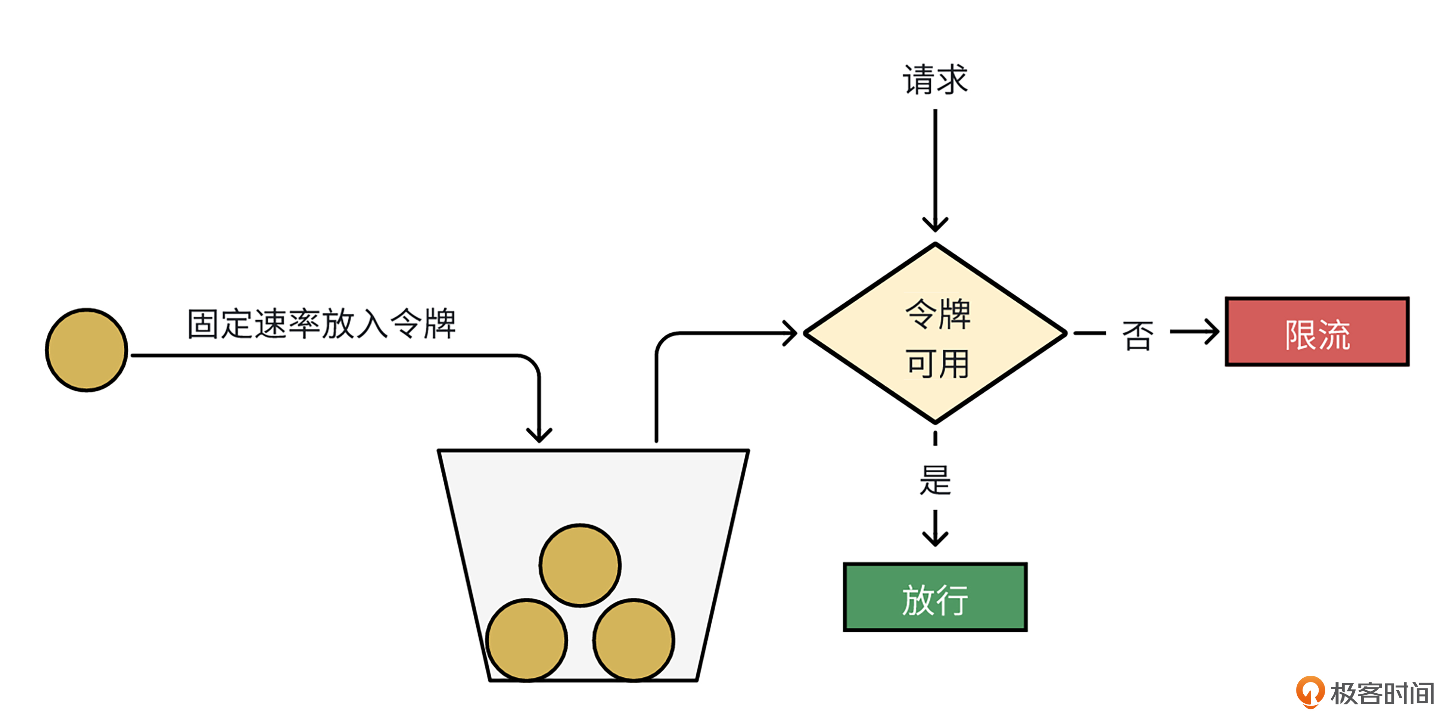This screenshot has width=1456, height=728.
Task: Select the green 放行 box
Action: pyautogui.click(x=935, y=597)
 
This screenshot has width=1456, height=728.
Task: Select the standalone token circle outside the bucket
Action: pyautogui.click(x=87, y=350)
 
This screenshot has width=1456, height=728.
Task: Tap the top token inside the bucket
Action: pyautogui.click(x=580, y=565)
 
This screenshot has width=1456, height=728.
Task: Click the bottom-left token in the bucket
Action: pyautogui.click(x=527, y=640)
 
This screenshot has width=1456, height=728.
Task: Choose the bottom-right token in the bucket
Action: pyautogui.click(x=634, y=640)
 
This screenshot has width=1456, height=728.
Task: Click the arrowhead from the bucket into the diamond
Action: pyautogui.click(x=790, y=333)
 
